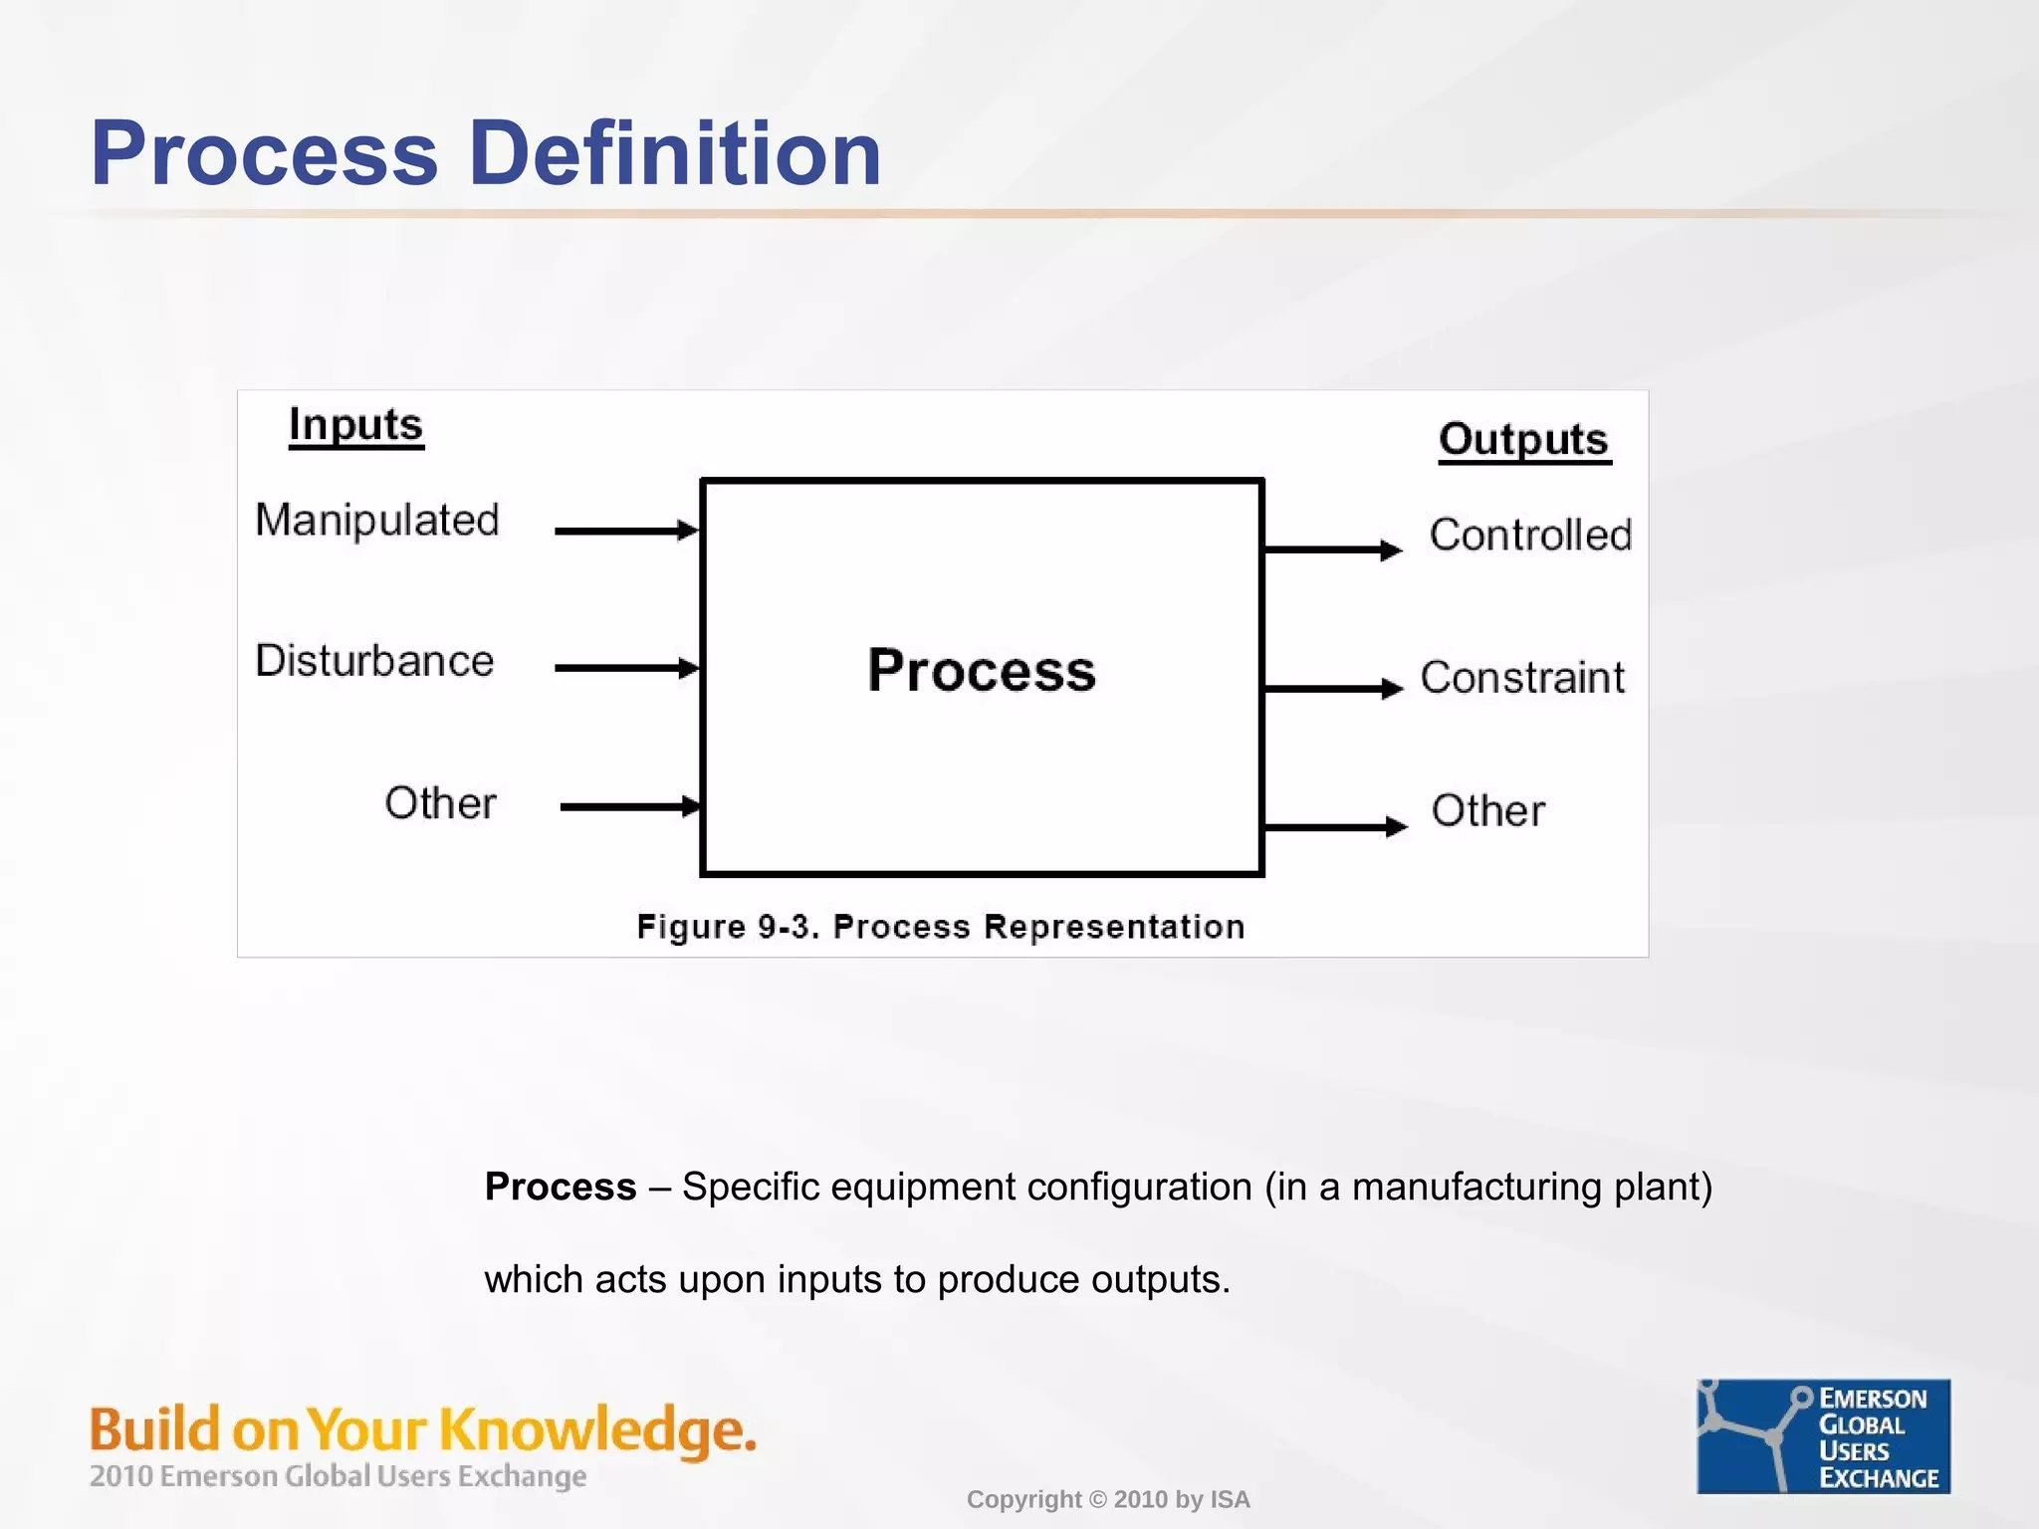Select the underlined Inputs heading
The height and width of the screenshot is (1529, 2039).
pyautogui.click(x=355, y=426)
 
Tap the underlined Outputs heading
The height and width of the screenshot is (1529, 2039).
pyautogui.click(x=1523, y=440)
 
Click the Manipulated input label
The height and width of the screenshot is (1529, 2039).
pyautogui.click(x=376, y=521)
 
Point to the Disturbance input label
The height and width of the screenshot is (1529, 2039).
pyautogui.click(x=374, y=661)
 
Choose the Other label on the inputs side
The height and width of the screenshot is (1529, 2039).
pyautogui.click(x=440, y=803)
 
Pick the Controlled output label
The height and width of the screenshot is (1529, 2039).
pyautogui.click(x=1530, y=536)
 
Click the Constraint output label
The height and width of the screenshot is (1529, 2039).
pyautogui.click(x=1522, y=678)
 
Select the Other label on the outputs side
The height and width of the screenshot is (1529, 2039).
pyautogui.click(x=1488, y=811)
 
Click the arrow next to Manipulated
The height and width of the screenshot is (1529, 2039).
pyautogui.click(x=626, y=531)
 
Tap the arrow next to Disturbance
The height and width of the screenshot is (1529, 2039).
pyautogui.click(x=626, y=668)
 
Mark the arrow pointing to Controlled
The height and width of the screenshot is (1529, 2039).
pyautogui.click(x=1332, y=549)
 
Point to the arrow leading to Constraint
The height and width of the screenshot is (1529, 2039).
pyautogui.click(x=1332, y=688)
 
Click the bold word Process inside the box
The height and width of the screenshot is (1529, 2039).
pyautogui.click(x=982, y=670)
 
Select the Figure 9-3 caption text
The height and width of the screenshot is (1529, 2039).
pyautogui.click(x=941, y=927)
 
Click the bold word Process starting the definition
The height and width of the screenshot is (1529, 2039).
pyautogui.click(x=560, y=1187)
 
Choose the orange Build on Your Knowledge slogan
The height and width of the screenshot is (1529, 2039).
pyautogui.click(x=423, y=1429)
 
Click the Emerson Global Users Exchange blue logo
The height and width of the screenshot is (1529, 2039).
pyautogui.click(x=1823, y=1436)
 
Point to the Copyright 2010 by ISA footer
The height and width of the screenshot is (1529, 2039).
pyautogui.click(x=1108, y=1499)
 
